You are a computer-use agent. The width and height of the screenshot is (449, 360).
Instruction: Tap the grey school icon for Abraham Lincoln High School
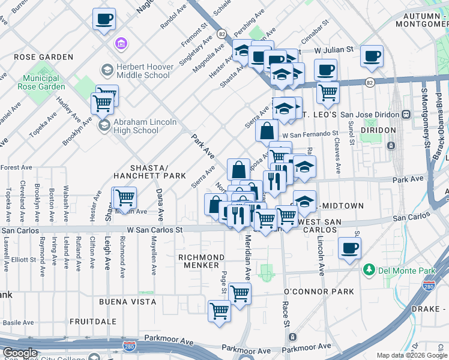tap(104, 125)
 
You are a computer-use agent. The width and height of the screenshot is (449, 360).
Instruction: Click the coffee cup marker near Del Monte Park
tap(349, 248)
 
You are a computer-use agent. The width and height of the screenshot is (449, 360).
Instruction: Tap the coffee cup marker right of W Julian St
tap(372, 56)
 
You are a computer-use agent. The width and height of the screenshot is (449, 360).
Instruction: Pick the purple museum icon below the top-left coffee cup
tap(121, 44)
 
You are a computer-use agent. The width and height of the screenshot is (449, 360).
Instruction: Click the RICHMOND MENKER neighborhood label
tap(201, 262)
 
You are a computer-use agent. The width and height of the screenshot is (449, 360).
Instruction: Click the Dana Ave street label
tap(160, 205)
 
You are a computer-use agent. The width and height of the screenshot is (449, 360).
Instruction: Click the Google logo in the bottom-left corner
tap(20, 353)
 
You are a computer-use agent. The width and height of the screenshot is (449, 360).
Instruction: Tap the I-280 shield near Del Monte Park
tap(429, 284)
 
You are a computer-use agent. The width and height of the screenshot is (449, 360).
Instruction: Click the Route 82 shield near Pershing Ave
tap(221, 34)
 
